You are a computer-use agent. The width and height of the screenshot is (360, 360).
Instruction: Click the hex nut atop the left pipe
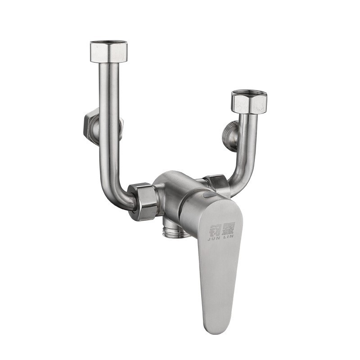point(109,52)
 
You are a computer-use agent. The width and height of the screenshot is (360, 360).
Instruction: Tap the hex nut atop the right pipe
point(249,103)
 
